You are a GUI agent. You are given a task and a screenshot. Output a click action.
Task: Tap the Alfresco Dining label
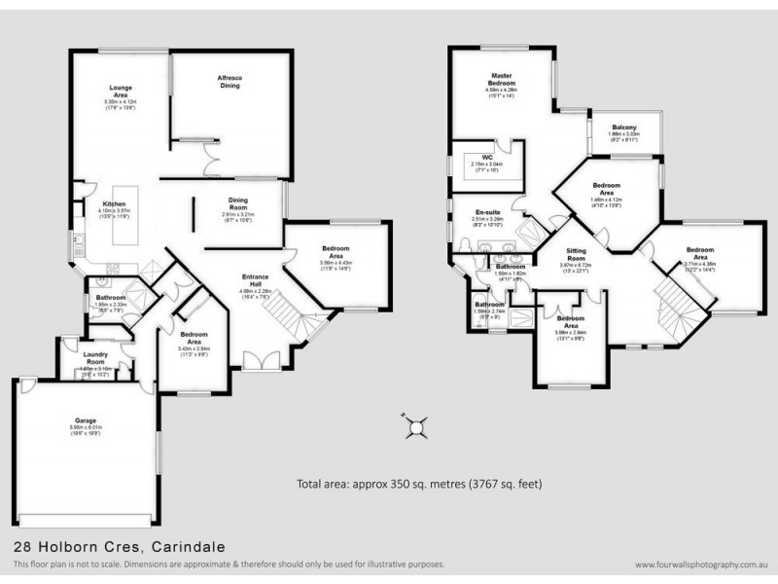pyautogui.click(x=230, y=82)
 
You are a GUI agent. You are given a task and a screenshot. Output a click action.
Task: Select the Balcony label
pyautogui.click(x=624, y=128)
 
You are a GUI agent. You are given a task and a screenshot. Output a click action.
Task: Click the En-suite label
pyautogui.click(x=486, y=211)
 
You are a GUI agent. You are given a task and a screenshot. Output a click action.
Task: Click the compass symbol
pyautogui.click(x=416, y=426)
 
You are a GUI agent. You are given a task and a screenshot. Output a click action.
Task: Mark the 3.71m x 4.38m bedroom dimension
pyautogui.click(x=699, y=263)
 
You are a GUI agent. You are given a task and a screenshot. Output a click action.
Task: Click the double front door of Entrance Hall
pyautogui.click(x=259, y=362)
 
